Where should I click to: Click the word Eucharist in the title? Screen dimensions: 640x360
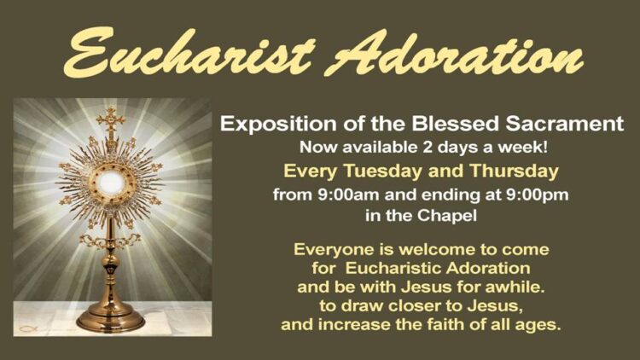189,53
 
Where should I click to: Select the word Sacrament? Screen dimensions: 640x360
565,124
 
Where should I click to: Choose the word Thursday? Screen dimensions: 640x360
514,171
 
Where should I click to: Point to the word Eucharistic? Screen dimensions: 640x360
393,268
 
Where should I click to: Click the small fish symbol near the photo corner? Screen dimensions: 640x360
28,328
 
